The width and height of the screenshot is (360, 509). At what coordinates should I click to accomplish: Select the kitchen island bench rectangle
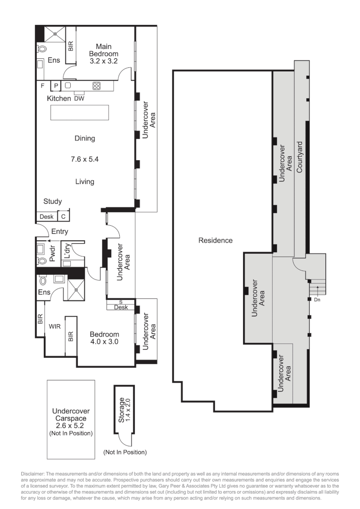click(80, 113)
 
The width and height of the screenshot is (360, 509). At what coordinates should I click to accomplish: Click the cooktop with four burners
click(97, 86)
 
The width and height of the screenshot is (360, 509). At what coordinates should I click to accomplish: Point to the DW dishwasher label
click(79, 99)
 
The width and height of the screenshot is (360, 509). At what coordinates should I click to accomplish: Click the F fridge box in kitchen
click(42, 86)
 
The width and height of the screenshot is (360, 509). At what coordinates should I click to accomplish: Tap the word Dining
click(85, 138)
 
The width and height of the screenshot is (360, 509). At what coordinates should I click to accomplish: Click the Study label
click(52, 201)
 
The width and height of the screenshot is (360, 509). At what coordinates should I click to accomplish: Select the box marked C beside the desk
click(63, 217)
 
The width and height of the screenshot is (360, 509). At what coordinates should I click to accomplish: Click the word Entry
click(60, 231)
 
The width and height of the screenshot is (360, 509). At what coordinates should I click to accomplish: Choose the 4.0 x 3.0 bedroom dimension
click(104, 343)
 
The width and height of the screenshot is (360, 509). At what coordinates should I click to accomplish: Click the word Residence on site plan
click(215, 240)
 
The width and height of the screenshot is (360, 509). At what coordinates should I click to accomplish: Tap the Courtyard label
click(299, 156)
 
